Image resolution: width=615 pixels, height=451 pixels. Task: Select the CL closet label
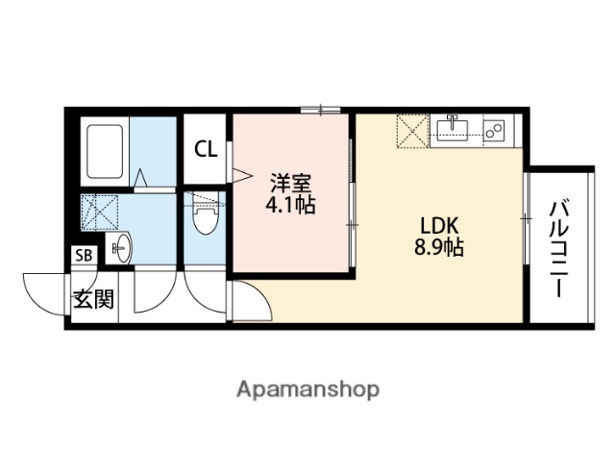click(206, 149)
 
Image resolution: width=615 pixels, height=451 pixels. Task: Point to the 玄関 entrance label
click(93, 298)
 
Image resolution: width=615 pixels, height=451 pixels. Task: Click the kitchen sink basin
click(452, 128)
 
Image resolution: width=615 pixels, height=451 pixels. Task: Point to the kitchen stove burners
click(495, 129)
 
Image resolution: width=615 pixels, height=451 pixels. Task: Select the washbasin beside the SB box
click(120, 249)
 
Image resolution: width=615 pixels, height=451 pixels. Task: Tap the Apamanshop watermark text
click(307, 388)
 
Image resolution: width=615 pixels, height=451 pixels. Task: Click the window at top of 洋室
click(316, 110)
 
